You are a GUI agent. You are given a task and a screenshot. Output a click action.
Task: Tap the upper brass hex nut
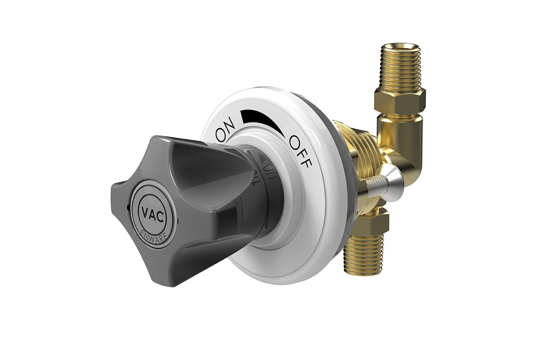(400, 100)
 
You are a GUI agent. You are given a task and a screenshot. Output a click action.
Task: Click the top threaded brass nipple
(401, 67)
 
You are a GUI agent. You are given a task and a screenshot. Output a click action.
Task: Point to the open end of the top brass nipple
(401, 47)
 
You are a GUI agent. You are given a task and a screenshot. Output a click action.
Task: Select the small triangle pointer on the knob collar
(262, 163)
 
